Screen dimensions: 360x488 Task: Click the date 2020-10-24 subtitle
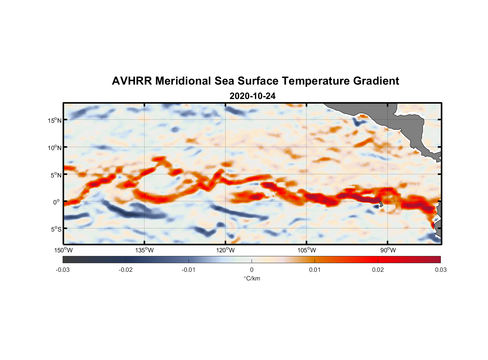coord(252,96)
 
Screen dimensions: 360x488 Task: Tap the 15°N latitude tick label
coord(55,120)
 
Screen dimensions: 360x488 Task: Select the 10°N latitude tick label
coord(55,148)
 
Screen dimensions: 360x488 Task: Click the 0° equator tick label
coord(56,202)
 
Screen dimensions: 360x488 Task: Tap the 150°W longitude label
coord(63,250)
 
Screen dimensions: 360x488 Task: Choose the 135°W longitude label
coord(144,250)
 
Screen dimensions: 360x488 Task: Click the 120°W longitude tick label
coord(226,250)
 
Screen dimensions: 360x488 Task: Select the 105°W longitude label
coord(307,250)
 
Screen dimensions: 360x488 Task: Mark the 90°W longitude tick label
coord(388,250)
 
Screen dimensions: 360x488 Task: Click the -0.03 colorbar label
coord(63,270)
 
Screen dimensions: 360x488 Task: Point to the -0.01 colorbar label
coord(189,270)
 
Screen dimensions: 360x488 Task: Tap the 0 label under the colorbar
coord(252,270)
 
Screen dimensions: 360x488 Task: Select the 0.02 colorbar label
coord(378,270)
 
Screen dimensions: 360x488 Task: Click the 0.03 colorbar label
coord(440,270)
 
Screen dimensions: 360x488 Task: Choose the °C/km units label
coord(252,278)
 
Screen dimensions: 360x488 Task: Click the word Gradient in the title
coord(376,81)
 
